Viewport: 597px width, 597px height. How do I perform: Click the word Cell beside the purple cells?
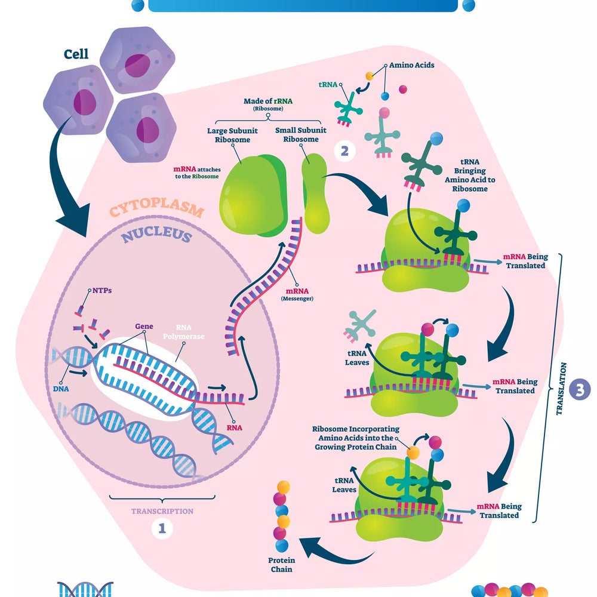76,54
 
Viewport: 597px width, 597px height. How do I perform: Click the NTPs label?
103,291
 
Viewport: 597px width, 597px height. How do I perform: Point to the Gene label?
144,327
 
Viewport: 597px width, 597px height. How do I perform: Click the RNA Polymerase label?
190,332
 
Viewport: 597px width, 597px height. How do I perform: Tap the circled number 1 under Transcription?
162,527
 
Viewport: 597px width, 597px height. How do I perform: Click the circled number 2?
344,150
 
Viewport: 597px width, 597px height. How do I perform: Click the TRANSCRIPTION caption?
162,511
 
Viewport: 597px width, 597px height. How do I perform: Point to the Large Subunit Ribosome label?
229,135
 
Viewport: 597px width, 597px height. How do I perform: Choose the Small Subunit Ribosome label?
297,135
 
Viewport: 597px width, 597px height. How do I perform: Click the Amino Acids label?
412,66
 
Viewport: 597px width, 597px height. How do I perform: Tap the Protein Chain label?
281,565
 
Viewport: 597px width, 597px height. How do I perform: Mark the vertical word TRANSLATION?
561,389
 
